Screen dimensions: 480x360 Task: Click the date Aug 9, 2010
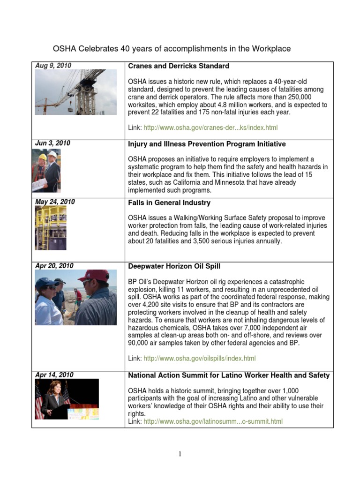[x=53, y=66]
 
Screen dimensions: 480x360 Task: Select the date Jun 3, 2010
[x=53, y=143]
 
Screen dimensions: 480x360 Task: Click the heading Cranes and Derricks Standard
[x=179, y=66]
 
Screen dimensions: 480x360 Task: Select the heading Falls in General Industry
[x=169, y=203]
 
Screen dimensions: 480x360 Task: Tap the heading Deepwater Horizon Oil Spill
[x=174, y=266]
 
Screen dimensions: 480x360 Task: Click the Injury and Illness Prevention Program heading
[x=207, y=144]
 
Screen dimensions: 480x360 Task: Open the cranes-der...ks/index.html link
[x=213, y=127]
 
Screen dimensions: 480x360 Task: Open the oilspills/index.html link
[x=200, y=359]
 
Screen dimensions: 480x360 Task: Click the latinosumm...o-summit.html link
[x=213, y=421]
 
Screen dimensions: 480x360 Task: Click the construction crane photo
[x=76, y=92]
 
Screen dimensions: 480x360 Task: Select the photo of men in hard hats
[x=46, y=171]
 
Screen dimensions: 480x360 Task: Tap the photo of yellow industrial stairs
[x=50, y=227]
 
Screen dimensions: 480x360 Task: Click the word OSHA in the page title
[x=64, y=49]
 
